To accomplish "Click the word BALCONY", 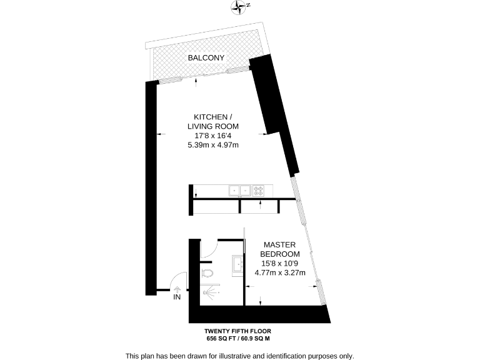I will pyautogui.click(x=206, y=58).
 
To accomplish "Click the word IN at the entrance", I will pyautogui.click(x=177, y=297).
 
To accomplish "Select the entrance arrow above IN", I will pyautogui.click(x=177, y=289).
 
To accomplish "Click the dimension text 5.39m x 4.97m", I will pyautogui.click(x=214, y=145).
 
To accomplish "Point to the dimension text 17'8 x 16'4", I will pyautogui.click(x=214, y=136).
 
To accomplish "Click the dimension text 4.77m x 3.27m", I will pyautogui.click(x=280, y=272).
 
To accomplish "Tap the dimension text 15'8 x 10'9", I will pyautogui.click(x=280, y=263).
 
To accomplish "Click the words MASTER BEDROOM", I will pyautogui.click(x=280, y=249).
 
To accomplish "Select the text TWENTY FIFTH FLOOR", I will pyautogui.click(x=238, y=331).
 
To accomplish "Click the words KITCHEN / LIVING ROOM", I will pyautogui.click(x=214, y=122).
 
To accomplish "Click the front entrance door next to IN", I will pyautogui.click(x=180, y=280).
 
